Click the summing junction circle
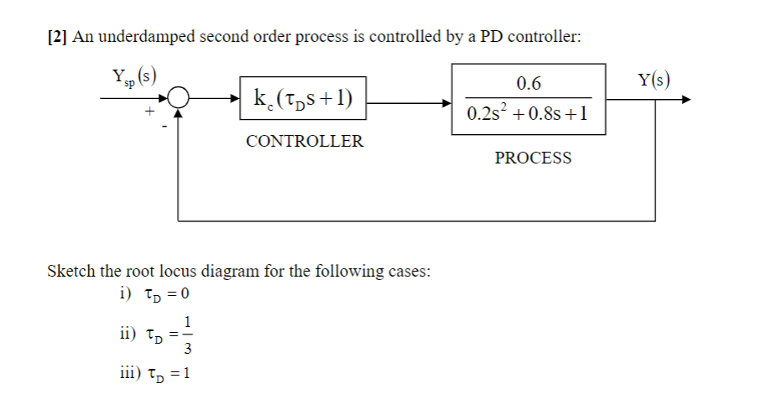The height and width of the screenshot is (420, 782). tap(178, 99)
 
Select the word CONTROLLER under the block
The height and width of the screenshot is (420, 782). tap(305, 141)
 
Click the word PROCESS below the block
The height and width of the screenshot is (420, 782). tap(533, 158)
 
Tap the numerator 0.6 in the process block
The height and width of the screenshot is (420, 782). tap(529, 83)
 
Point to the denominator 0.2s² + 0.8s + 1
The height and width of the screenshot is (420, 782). tap(529, 115)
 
